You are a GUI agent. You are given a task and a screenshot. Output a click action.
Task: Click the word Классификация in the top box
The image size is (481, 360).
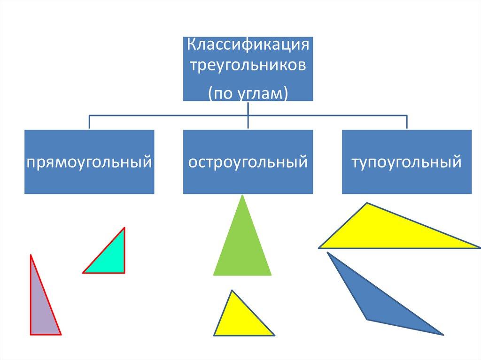[248, 46]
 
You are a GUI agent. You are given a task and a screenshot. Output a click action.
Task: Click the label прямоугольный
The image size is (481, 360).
[89, 163]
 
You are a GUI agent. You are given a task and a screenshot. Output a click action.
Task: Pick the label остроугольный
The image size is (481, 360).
[248, 163]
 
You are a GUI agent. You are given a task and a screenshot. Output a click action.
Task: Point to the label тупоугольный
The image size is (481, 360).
[407, 163]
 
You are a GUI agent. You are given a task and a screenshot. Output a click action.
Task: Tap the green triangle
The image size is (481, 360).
[242, 249]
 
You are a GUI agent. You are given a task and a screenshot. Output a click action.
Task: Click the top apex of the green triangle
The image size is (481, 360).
[242, 197]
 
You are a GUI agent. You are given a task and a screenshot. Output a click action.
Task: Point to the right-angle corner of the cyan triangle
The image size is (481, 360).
[124, 272]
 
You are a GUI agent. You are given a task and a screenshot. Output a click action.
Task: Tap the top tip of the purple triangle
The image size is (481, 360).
[31, 256]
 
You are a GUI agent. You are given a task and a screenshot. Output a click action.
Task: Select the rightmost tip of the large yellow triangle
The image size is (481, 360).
[478, 247]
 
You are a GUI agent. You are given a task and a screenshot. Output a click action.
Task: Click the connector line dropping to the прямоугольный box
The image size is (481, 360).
[89, 122]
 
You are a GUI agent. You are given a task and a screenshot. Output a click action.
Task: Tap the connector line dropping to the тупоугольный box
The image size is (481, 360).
[407, 122]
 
